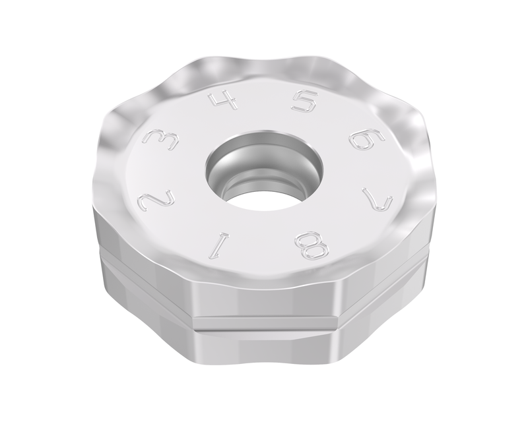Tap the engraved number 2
click(x=156, y=200)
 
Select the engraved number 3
click(x=159, y=138)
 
